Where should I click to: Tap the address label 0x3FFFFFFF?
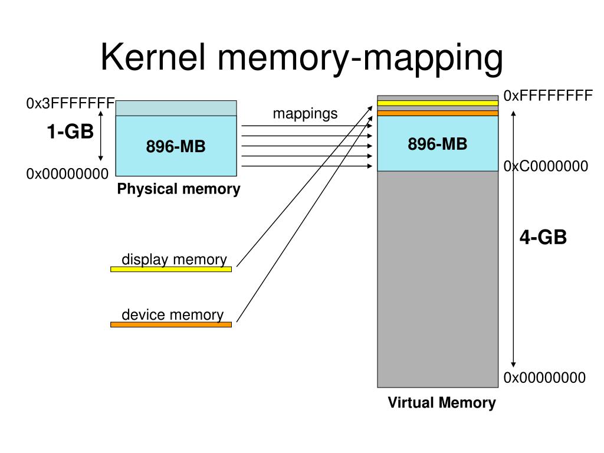[x=70, y=104]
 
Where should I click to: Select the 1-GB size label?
[x=70, y=132]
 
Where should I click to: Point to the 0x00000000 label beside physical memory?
[x=67, y=173]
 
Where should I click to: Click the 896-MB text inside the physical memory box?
[x=176, y=146]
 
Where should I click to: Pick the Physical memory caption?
[x=178, y=189]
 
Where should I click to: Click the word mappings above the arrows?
[x=305, y=113]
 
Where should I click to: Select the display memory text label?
[x=174, y=260]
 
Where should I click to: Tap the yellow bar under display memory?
[x=171, y=269]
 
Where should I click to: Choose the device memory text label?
[x=172, y=315]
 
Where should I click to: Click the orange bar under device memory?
[x=171, y=324]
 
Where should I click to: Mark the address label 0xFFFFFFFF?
[x=547, y=96]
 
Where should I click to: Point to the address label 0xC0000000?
[x=546, y=166]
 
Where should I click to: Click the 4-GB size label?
[x=543, y=237]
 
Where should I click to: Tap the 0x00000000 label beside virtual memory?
[x=544, y=377]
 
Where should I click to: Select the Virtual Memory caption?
[x=442, y=403]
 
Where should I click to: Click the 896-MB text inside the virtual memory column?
[x=438, y=143]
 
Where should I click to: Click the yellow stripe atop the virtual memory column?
[x=438, y=103]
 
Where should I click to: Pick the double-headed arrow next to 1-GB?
[x=101, y=137]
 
